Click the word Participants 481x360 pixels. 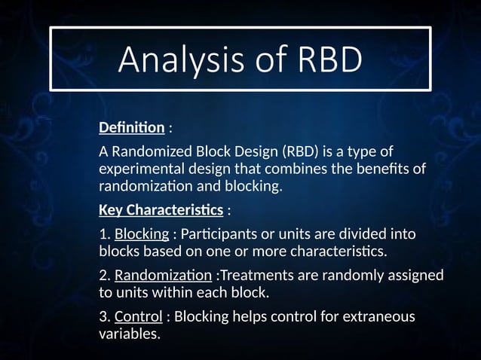pyautogui.click(x=218, y=234)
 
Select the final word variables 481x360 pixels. pyautogui.click(x=129, y=333)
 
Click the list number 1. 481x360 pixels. pyautogui.click(x=104, y=234)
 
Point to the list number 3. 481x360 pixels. pyautogui.click(x=104, y=316)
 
